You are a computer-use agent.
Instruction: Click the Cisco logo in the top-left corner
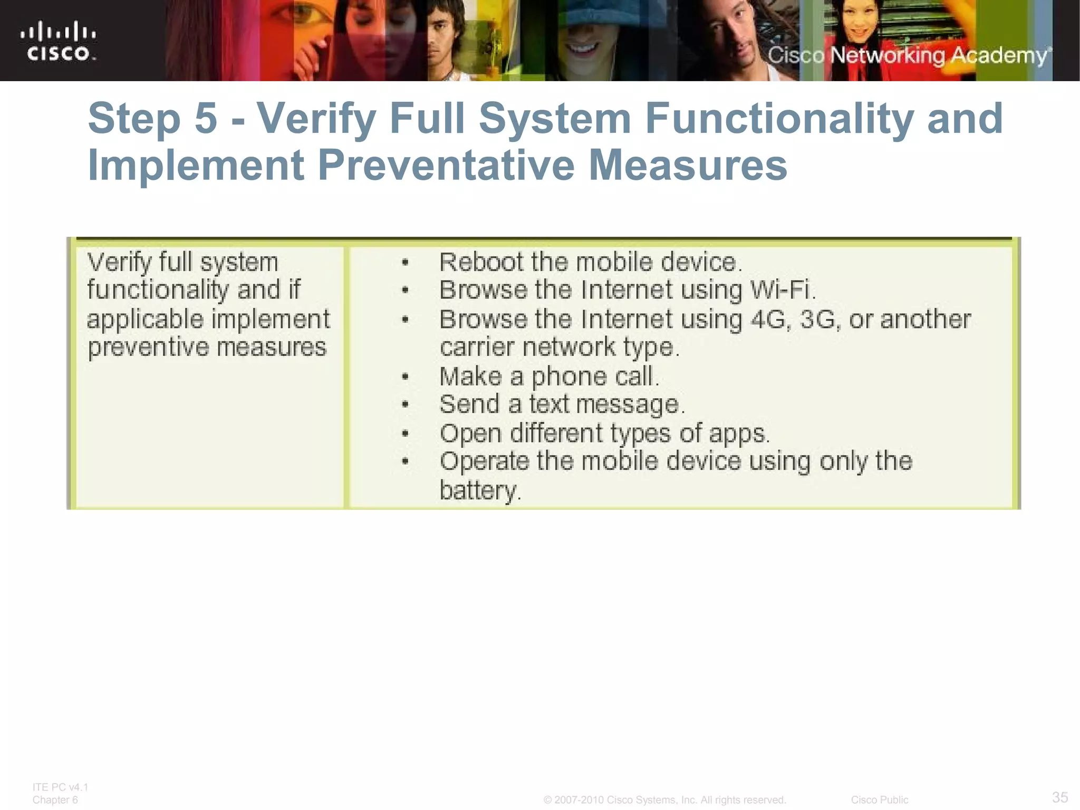coord(58,41)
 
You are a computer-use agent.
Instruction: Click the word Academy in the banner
coord(999,55)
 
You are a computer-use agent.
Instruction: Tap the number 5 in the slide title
coord(206,118)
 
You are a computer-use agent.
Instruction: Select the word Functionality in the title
coord(778,118)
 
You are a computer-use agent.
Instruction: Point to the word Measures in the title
coord(688,165)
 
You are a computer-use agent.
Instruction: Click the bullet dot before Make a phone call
coord(405,377)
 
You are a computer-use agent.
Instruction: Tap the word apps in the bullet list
coord(738,433)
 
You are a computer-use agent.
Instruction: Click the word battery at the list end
coord(478,490)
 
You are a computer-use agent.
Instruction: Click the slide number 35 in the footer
coord(1060,797)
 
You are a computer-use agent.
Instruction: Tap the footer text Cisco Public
coord(879,800)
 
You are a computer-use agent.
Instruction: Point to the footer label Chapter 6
coord(55,800)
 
